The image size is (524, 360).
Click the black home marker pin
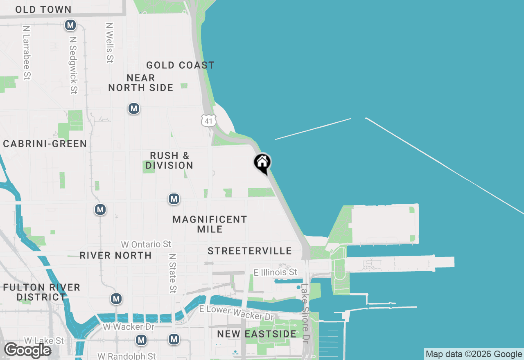pos(262,163)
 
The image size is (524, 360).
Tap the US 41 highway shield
pos(208,120)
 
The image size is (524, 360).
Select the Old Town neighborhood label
pos(43,9)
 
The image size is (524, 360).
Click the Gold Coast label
pos(180,65)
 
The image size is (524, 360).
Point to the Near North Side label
pos(141,83)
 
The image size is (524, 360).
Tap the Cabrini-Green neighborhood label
pos(45,144)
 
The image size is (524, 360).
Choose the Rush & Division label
pos(169,160)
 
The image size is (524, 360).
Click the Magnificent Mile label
pos(210,224)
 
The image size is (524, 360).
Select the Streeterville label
pos(250,251)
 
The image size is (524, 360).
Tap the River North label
pos(115,255)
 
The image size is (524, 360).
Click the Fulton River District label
pos(41,292)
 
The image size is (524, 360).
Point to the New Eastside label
pos(257,334)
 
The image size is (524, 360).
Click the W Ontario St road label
pos(146,244)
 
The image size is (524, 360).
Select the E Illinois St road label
pos(275,272)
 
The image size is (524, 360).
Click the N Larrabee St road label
pos(27,53)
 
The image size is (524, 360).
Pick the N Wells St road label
pos(109,42)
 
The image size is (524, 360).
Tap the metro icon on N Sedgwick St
pos(70,25)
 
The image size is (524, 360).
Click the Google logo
pos(27,350)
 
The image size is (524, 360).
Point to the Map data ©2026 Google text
pos(474,354)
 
